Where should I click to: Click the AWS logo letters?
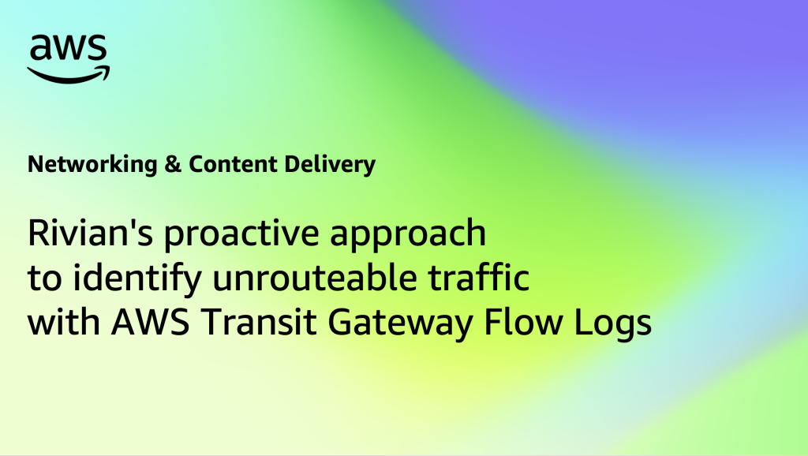[x=68, y=48]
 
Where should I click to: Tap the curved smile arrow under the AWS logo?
[x=69, y=75]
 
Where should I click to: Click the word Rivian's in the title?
[x=90, y=233]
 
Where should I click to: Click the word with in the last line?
[x=63, y=322]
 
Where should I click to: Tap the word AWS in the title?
[x=150, y=322]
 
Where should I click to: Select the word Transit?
[x=258, y=322]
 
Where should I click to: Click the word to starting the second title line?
[x=44, y=278]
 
